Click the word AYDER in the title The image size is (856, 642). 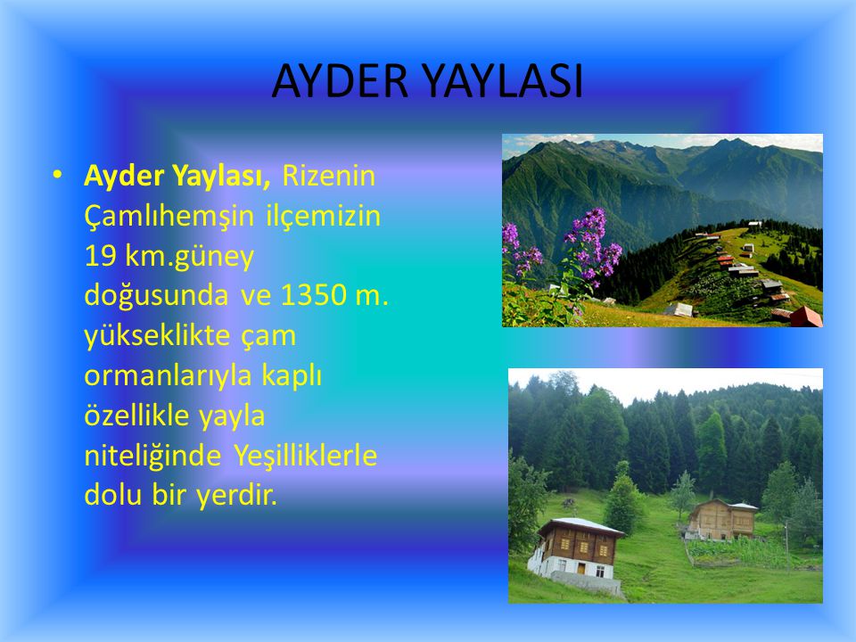(340, 81)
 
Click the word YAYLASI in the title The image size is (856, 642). (503, 81)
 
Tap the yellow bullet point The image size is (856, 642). (57, 175)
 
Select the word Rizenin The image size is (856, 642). (329, 176)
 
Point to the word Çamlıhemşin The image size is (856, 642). (169, 216)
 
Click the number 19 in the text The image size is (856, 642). (101, 256)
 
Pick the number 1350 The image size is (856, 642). (313, 295)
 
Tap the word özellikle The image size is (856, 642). (136, 415)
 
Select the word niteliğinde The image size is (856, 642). (152, 456)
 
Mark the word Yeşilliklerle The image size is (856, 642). (306, 456)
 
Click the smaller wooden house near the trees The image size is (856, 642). (720, 519)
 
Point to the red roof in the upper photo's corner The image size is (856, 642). (806, 317)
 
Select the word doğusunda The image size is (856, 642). (156, 295)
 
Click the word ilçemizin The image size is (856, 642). (324, 216)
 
